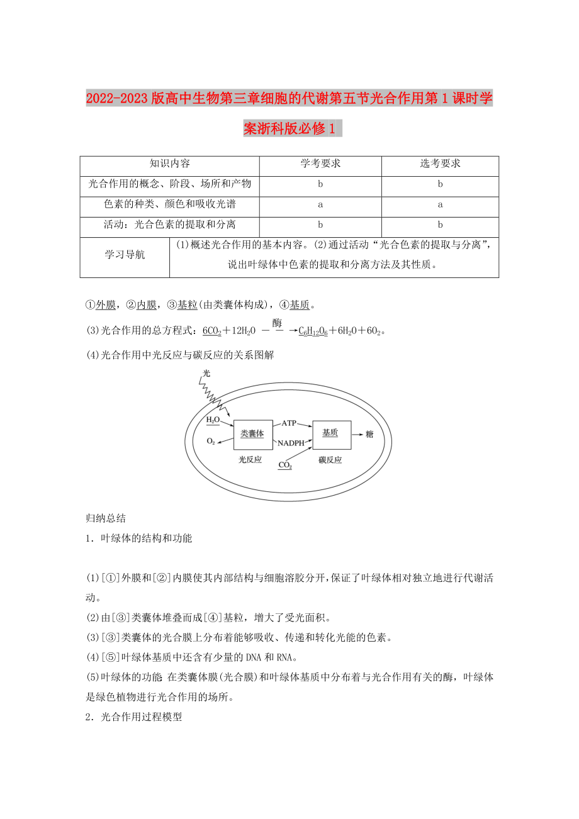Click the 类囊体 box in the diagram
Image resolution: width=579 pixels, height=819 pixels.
[x=253, y=434]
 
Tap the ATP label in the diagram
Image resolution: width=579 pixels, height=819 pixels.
[x=289, y=423]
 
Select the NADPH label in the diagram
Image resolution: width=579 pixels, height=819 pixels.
[x=291, y=443]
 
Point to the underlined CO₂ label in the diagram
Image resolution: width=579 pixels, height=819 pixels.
[x=285, y=465]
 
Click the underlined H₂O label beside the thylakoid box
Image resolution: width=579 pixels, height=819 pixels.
[x=213, y=420]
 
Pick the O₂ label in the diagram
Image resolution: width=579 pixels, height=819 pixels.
[x=211, y=442]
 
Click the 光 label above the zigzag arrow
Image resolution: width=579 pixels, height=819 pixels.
[x=206, y=374]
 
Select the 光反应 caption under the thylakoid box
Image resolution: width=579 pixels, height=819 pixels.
[x=250, y=460]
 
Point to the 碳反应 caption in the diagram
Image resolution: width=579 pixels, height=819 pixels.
[x=330, y=460]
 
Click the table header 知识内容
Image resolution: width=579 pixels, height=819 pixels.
[x=170, y=164]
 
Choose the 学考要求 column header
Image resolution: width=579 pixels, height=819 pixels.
[x=320, y=164]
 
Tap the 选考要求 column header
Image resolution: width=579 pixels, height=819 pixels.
[x=440, y=164]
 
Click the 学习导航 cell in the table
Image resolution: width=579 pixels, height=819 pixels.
[x=125, y=255]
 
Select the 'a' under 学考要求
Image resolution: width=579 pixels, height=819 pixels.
[x=320, y=204]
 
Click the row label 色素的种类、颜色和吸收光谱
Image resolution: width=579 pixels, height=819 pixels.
[x=170, y=204]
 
